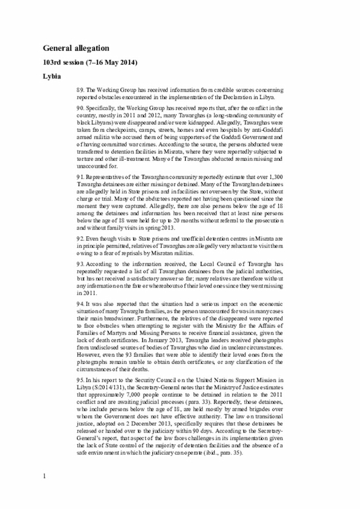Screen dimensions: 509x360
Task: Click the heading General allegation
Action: [x=76, y=48]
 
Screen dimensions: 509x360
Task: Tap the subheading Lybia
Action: [x=52, y=75]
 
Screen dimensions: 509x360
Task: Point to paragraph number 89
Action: [x=80, y=89]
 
